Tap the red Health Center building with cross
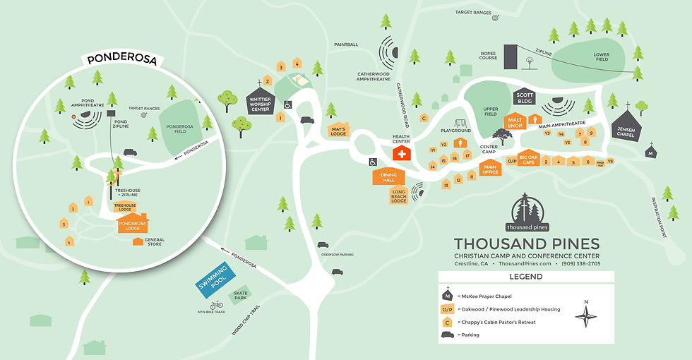tap(402, 154)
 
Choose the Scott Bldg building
tap(524, 98)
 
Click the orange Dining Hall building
tap(388, 176)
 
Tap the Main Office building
tap(490, 168)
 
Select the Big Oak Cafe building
tap(528, 159)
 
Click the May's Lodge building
tap(338, 131)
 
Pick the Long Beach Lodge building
tap(399, 196)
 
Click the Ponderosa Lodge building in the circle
tap(132, 224)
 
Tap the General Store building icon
tap(138, 241)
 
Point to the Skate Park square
tap(241, 295)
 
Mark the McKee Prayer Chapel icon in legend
tap(447, 296)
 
